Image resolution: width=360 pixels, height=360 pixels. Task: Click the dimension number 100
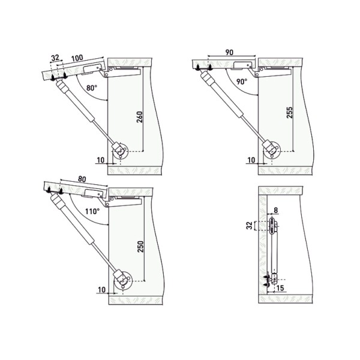tap(77, 57)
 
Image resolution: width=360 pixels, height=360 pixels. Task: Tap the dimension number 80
tap(82, 179)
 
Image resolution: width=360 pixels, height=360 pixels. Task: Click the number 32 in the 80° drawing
tap(55, 58)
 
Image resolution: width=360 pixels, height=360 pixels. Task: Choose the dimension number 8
tap(276, 210)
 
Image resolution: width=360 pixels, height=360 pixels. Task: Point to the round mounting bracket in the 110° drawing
tap(122, 279)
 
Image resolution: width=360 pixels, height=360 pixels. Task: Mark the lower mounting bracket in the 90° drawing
tap(271, 147)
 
